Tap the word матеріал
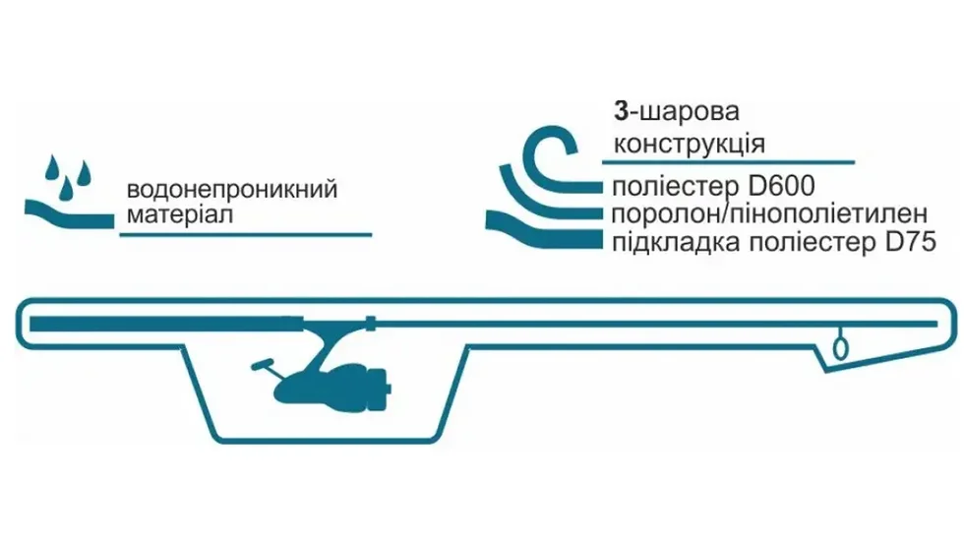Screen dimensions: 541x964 178,214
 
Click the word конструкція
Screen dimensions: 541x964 689,144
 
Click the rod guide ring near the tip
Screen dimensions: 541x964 840,346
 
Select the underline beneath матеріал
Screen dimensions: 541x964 245,234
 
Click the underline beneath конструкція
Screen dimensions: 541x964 733,161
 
